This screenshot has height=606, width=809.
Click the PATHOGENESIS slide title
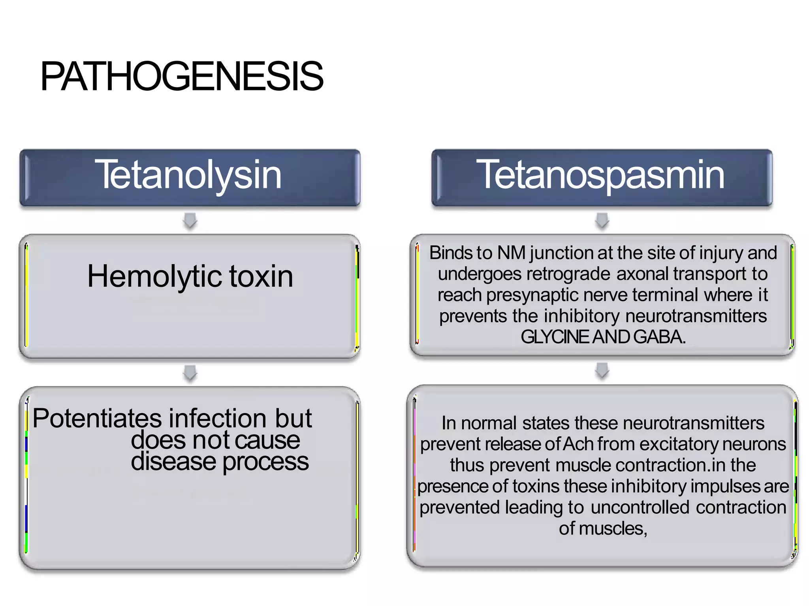[x=182, y=76]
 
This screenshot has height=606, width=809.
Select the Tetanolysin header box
[x=190, y=178]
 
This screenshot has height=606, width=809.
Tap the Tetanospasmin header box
[x=602, y=178]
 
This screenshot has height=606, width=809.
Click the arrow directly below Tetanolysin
[x=190, y=221]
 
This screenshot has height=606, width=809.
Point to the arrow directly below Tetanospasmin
[x=602, y=221]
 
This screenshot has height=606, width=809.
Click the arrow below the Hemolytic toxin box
[x=190, y=372]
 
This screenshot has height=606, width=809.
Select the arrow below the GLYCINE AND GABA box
[x=602, y=370]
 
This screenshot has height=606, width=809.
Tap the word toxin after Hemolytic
[x=261, y=276]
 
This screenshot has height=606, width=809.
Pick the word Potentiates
[x=97, y=418]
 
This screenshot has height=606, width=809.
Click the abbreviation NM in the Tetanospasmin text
[x=511, y=253]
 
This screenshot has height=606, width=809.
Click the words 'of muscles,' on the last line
[x=603, y=529]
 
